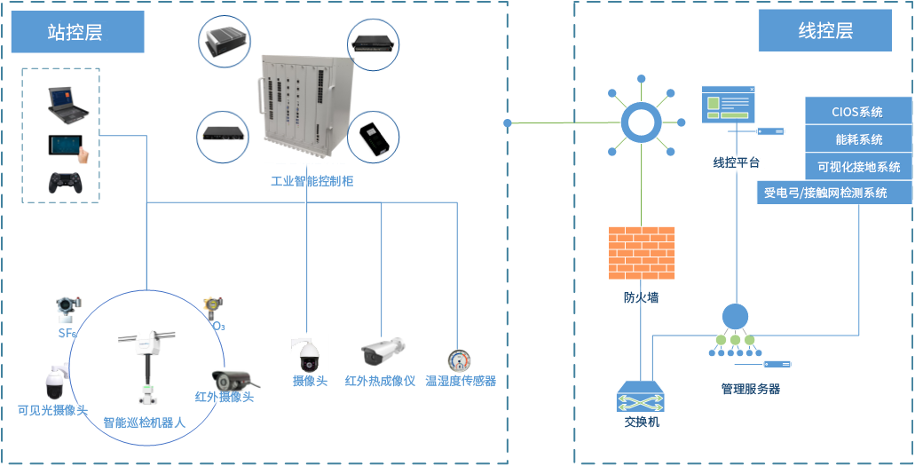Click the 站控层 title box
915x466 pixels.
77,33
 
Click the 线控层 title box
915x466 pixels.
824,32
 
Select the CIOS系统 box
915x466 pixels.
857,112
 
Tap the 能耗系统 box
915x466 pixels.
858,139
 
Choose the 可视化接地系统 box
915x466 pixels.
858,166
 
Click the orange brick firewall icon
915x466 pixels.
641,253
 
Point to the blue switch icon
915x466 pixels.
641,397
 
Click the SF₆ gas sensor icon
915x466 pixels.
67,308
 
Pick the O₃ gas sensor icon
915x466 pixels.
212,307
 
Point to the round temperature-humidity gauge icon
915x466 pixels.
459,360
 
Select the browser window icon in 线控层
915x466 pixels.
728,105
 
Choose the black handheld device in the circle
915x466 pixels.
373,137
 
